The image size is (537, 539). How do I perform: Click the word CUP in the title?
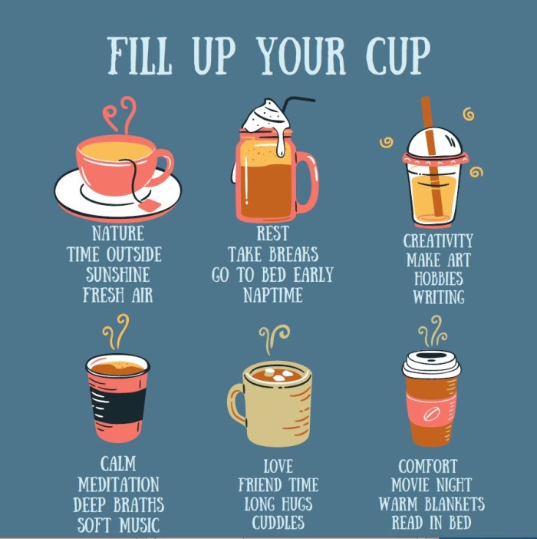point(397,56)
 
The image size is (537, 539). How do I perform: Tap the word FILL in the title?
point(139,56)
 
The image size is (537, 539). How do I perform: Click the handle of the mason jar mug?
point(308,182)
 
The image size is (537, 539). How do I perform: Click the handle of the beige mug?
point(237,403)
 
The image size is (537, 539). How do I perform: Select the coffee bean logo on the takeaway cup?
point(432,414)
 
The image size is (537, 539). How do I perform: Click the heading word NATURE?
point(118,233)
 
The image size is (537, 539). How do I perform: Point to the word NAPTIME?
point(273,295)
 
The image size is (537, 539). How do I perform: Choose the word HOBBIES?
point(439,279)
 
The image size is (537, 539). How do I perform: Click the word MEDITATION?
point(118,484)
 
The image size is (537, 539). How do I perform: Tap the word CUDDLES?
point(278,523)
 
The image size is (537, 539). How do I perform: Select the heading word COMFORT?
point(428,467)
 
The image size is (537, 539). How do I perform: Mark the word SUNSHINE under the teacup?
point(118,275)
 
